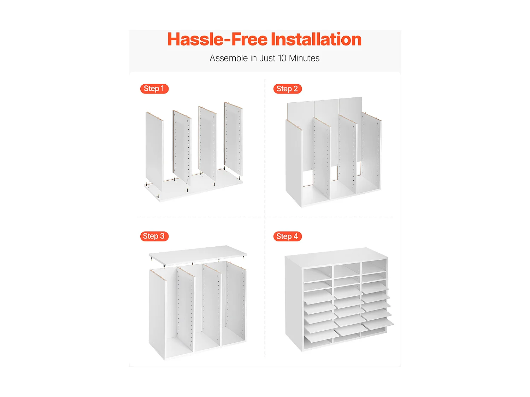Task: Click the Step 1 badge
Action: [x=154, y=89]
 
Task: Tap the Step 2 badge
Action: [x=287, y=89]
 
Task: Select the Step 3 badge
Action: [x=154, y=236]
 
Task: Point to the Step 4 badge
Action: [x=287, y=236]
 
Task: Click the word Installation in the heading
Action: [x=316, y=39]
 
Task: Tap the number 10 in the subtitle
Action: [x=282, y=58]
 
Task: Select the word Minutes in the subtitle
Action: [x=304, y=58]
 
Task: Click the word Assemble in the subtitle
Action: [x=229, y=58]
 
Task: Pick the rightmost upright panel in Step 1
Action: [x=234, y=139]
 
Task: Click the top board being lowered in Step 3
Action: [x=198, y=255]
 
